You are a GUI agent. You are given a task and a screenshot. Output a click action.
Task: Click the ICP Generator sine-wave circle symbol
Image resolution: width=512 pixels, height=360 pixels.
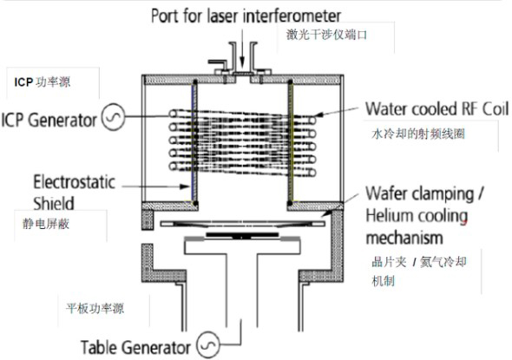(114, 117)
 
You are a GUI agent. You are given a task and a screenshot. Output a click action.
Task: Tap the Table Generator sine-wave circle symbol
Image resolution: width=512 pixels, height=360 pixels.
(208, 344)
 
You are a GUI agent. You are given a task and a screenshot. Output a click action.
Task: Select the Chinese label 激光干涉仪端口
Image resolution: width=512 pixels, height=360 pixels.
(326, 35)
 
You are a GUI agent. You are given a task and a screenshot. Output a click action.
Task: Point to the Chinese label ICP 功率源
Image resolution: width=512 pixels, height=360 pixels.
(43, 82)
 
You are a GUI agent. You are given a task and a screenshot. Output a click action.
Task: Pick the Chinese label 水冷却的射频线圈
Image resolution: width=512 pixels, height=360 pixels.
(417, 134)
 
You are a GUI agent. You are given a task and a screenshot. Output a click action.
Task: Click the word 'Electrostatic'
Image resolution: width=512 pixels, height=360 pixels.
(75, 182)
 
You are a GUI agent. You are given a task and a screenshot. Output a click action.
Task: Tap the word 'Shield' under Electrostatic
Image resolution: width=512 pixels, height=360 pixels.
(54, 203)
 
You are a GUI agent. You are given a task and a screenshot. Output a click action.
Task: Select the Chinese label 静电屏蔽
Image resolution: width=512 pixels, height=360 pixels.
(46, 224)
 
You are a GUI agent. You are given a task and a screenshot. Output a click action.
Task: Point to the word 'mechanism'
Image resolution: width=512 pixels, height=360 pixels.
(404, 238)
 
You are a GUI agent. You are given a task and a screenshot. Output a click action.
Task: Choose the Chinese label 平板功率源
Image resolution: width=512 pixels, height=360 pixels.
(95, 309)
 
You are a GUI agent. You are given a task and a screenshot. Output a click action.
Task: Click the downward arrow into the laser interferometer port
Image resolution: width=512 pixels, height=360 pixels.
(242, 48)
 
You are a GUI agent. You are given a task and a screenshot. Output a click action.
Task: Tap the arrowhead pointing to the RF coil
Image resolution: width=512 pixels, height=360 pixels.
(319, 115)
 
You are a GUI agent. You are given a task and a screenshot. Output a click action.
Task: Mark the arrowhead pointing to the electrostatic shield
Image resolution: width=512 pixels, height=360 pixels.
(186, 187)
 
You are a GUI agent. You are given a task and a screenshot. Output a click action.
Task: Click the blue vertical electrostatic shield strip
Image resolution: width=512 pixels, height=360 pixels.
(194, 142)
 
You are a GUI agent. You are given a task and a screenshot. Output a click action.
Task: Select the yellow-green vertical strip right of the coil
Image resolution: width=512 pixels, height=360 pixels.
(291, 142)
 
